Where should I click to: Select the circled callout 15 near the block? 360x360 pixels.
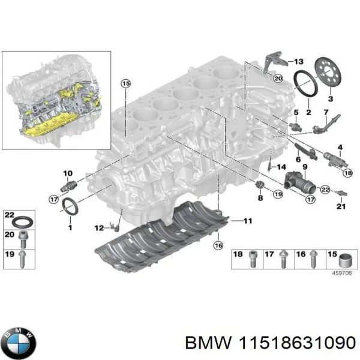pos(125,84)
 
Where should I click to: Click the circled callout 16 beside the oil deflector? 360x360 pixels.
pos(218,245)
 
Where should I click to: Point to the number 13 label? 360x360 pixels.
pos(299,62)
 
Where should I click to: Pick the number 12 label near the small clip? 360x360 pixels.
pos(98,227)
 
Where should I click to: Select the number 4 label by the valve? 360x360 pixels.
pos(340,147)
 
